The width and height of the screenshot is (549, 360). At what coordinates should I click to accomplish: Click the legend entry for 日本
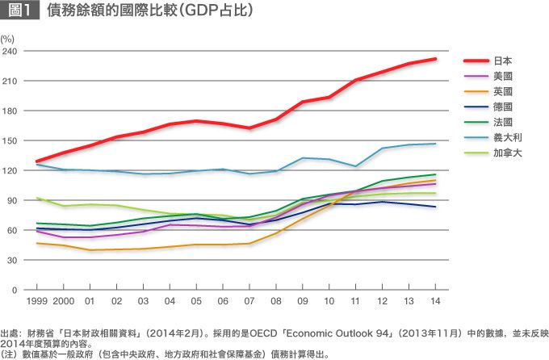coord(502,61)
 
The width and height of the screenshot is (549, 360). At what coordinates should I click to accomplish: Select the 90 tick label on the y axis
coord(12,200)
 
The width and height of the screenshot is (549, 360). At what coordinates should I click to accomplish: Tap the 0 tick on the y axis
coord(15,289)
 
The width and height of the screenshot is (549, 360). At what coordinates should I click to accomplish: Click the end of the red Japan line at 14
coord(436,59)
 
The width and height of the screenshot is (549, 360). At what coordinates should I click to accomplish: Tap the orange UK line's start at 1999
coord(36,243)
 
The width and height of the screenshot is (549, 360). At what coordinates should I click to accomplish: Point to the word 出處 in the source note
coord(11,333)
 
